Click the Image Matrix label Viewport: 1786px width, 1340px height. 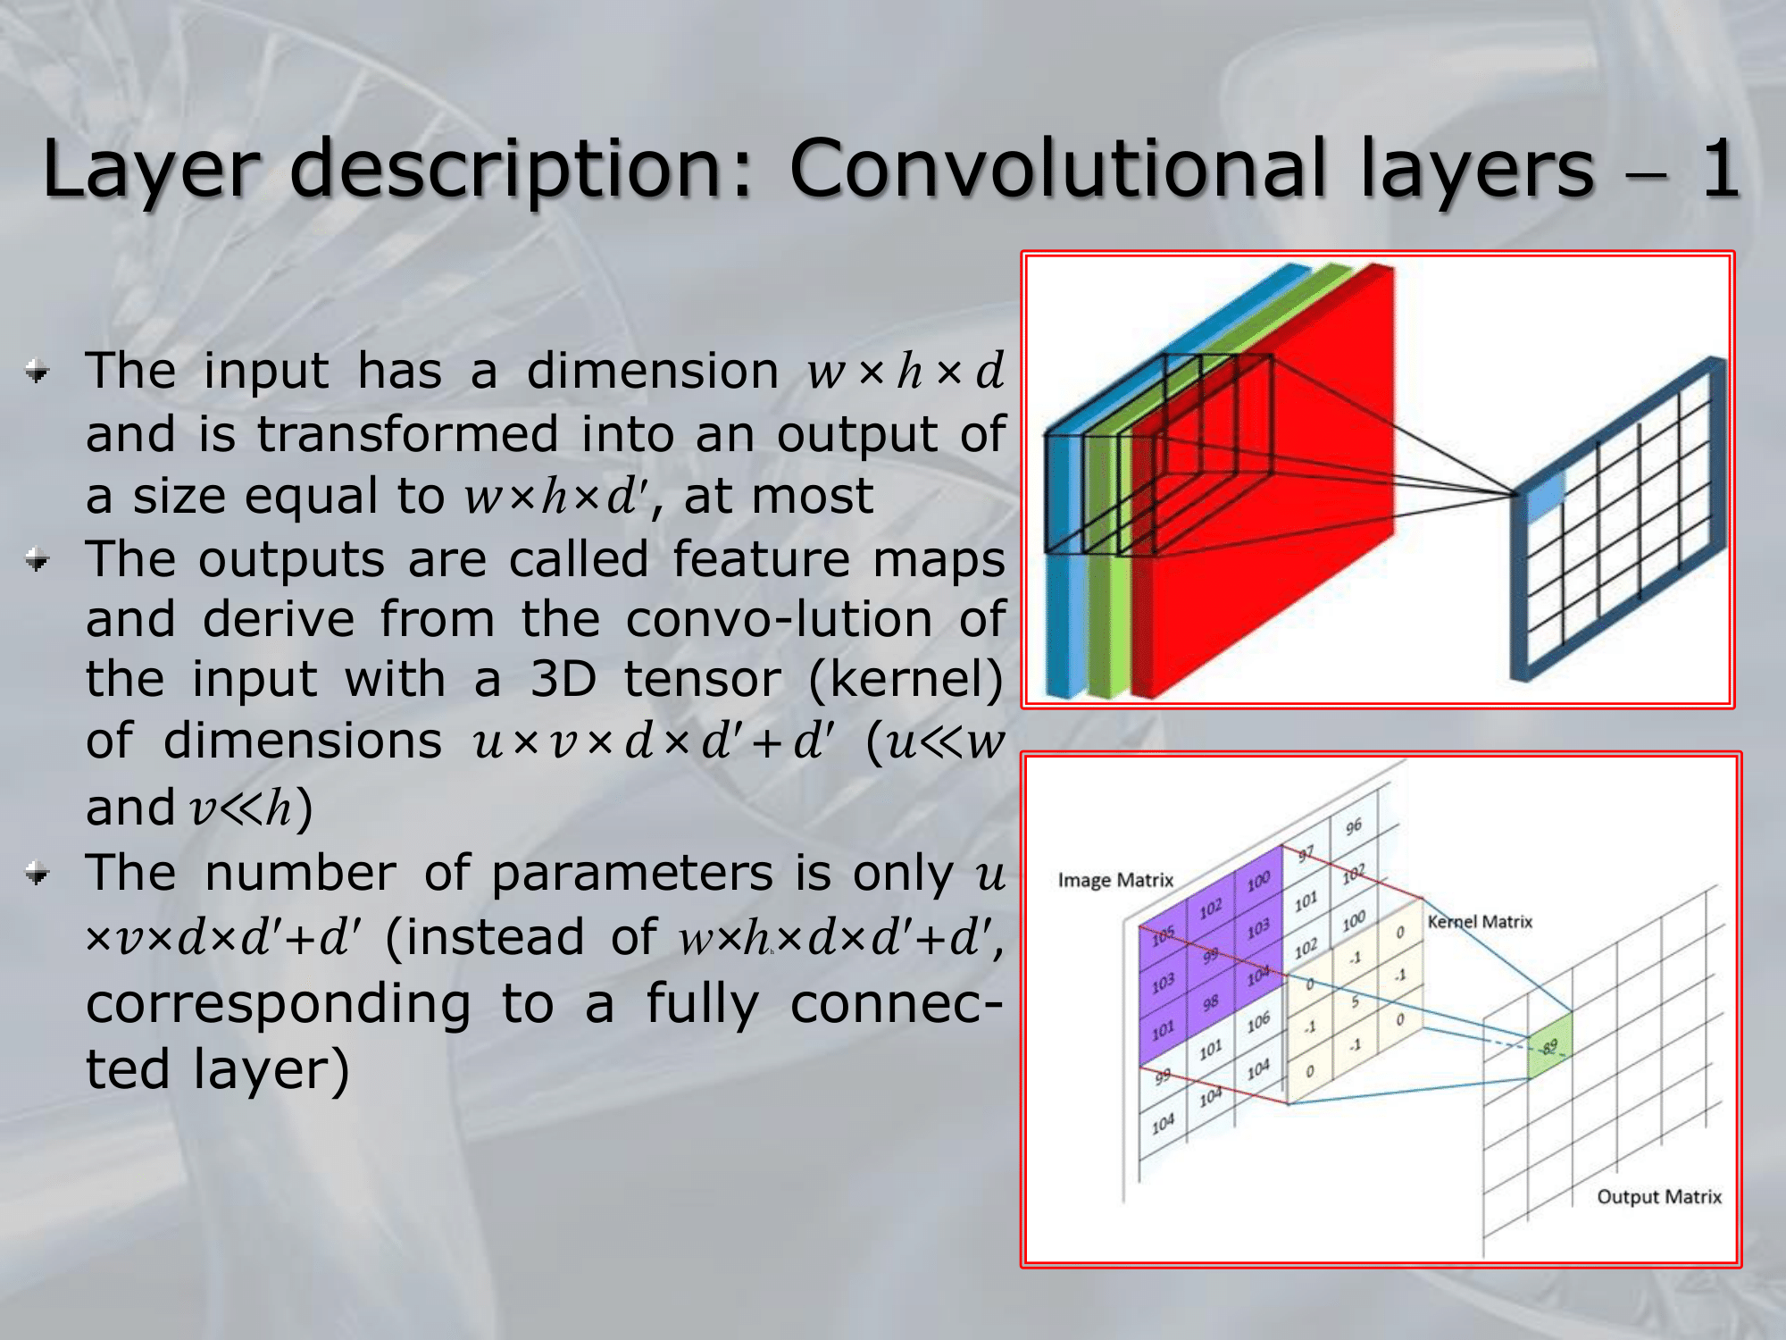click(1115, 880)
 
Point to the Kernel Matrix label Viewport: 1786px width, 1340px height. click(1480, 921)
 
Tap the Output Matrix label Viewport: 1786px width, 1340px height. click(1659, 1197)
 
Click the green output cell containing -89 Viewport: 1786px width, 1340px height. click(1550, 1047)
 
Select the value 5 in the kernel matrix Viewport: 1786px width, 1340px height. click(1355, 1001)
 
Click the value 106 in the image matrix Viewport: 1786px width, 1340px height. click(1257, 1023)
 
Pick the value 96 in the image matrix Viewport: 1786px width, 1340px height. click(1354, 826)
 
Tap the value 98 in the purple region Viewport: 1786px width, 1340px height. click(1210, 1003)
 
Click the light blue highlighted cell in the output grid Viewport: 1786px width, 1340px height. click(1546, 495)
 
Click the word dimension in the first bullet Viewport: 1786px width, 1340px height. click(653, 371)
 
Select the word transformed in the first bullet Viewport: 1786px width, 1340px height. click(407, 435)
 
